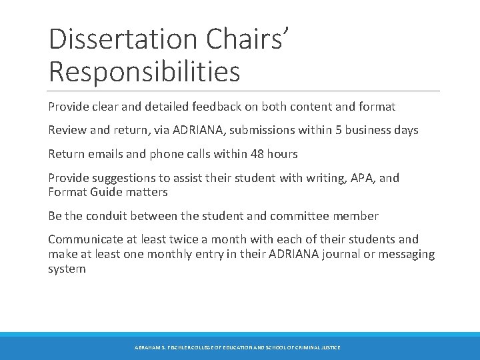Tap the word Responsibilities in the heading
point(144,71)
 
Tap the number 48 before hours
point(257,154)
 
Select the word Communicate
point(85,239)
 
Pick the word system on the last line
point(67,269)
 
